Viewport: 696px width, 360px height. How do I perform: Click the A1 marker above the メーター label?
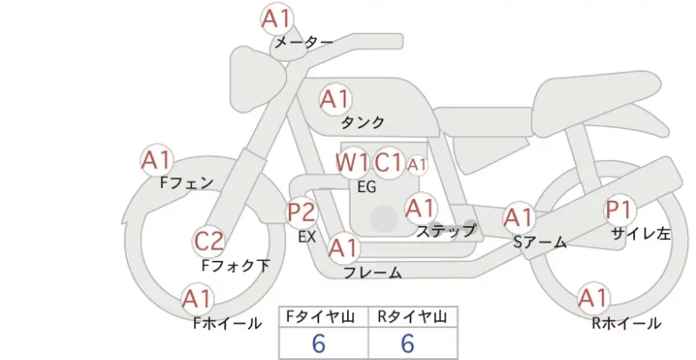coord(277,19)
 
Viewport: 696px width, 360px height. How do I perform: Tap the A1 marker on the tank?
coord(336,100)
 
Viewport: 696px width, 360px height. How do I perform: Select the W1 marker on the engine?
coord(351,163)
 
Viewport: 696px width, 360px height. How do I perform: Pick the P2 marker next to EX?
coord(302,212)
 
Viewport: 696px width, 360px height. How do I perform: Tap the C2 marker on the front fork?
coord(209,242)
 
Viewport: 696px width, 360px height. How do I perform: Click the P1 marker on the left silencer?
coord(619,210)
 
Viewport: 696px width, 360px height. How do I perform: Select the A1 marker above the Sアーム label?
coord(519,218)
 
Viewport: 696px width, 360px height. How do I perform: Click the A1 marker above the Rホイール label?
coord(593,298)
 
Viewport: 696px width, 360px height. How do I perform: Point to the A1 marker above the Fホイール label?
coord(197,299)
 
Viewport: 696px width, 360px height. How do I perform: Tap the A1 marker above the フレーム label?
coord(344,248)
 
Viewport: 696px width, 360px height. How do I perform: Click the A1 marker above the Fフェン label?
coord(157,160)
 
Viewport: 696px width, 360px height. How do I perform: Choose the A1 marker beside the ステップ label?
coord(420,208)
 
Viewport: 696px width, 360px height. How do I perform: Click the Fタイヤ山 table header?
coord(321,317)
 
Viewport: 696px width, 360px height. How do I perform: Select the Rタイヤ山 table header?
coord(412,317)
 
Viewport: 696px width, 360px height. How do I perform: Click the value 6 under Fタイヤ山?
coord(318,343)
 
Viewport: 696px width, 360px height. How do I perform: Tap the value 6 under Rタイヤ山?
coord(407,343)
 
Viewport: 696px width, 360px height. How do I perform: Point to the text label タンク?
coord(362,123)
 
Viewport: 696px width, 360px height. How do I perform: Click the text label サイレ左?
coord(640,234)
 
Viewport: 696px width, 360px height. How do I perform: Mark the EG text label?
coord(366,187)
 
